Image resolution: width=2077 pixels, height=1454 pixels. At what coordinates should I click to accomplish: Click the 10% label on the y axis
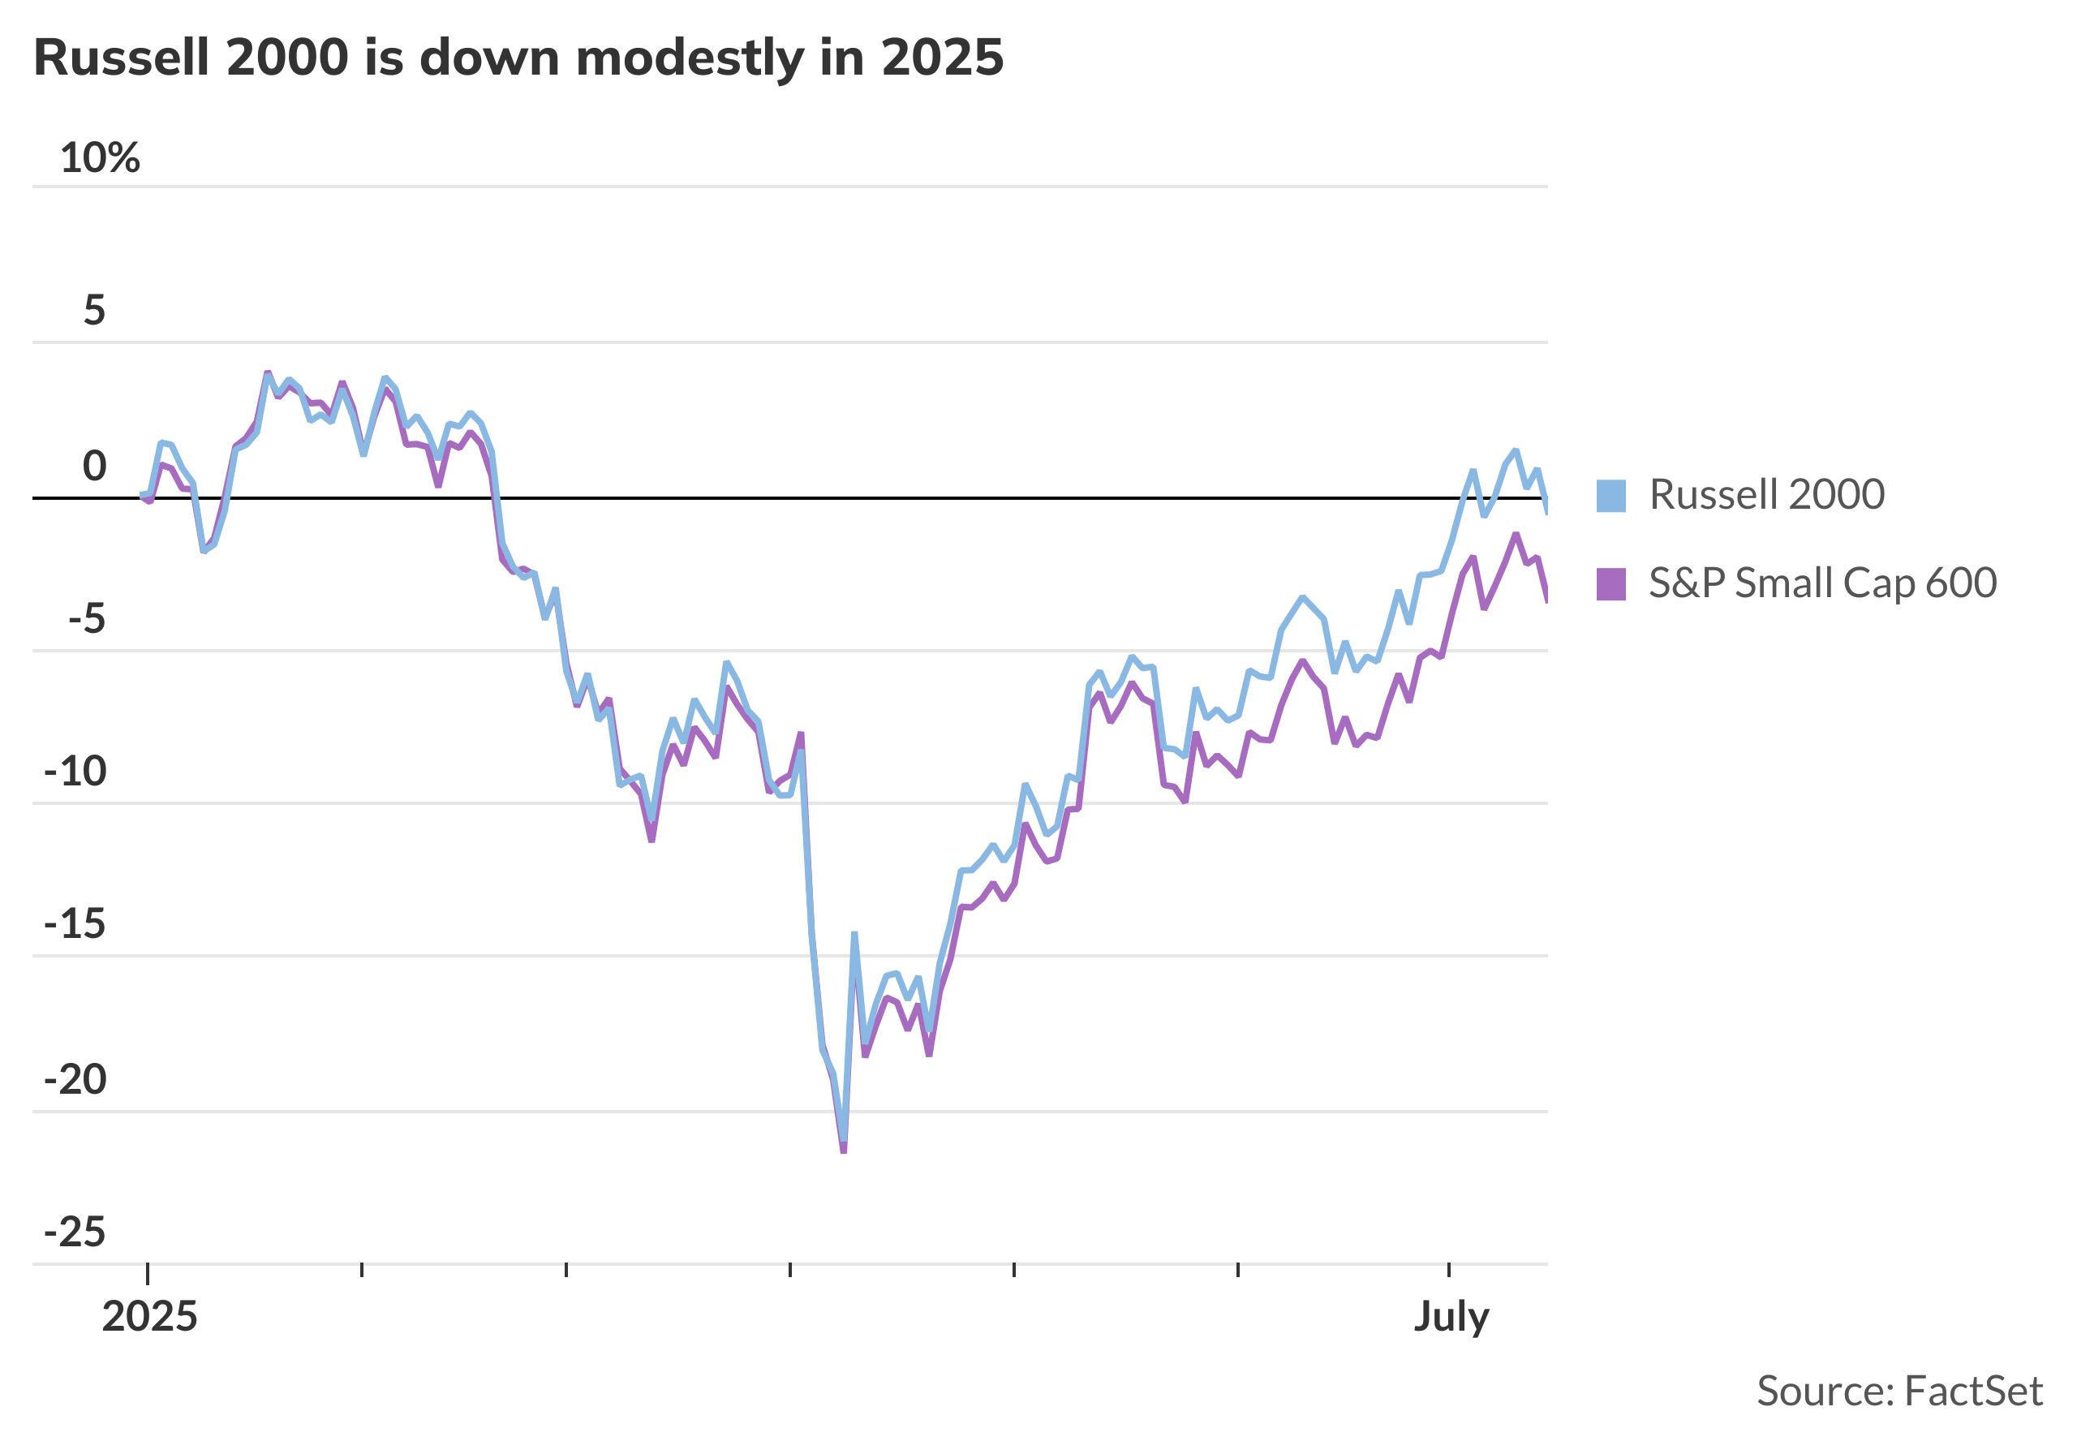100,158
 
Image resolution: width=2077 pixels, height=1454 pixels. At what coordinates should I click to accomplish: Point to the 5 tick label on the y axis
94,312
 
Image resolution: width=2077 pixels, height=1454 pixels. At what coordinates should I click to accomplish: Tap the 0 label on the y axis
94,467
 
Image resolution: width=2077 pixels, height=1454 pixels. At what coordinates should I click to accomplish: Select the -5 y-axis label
87,620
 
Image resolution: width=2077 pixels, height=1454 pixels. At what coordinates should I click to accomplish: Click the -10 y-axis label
76,772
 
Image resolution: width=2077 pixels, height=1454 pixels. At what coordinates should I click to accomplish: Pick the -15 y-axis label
76,926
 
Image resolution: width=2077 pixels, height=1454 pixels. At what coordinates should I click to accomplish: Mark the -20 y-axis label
76,1080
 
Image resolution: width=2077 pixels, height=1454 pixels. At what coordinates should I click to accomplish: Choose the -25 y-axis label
76,1233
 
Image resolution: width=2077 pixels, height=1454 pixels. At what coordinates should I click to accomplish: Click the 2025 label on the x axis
149,1318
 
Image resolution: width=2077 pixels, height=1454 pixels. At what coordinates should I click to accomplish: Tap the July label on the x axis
1451,1318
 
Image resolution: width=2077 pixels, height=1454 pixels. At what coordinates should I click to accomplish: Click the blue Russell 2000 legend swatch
1611,496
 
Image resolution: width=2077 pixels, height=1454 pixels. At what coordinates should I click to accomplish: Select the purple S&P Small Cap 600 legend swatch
1611,584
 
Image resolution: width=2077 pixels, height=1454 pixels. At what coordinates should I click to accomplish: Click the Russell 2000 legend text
1767,495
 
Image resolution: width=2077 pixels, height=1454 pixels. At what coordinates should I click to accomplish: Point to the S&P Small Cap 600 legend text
1822,583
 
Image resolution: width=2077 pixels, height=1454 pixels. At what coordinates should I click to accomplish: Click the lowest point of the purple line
843,1151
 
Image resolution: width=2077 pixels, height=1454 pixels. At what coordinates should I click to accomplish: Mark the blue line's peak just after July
1516,450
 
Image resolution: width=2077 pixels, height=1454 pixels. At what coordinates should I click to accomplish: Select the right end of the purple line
1547,600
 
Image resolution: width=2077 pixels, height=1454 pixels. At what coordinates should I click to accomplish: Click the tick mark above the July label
1449,1271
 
